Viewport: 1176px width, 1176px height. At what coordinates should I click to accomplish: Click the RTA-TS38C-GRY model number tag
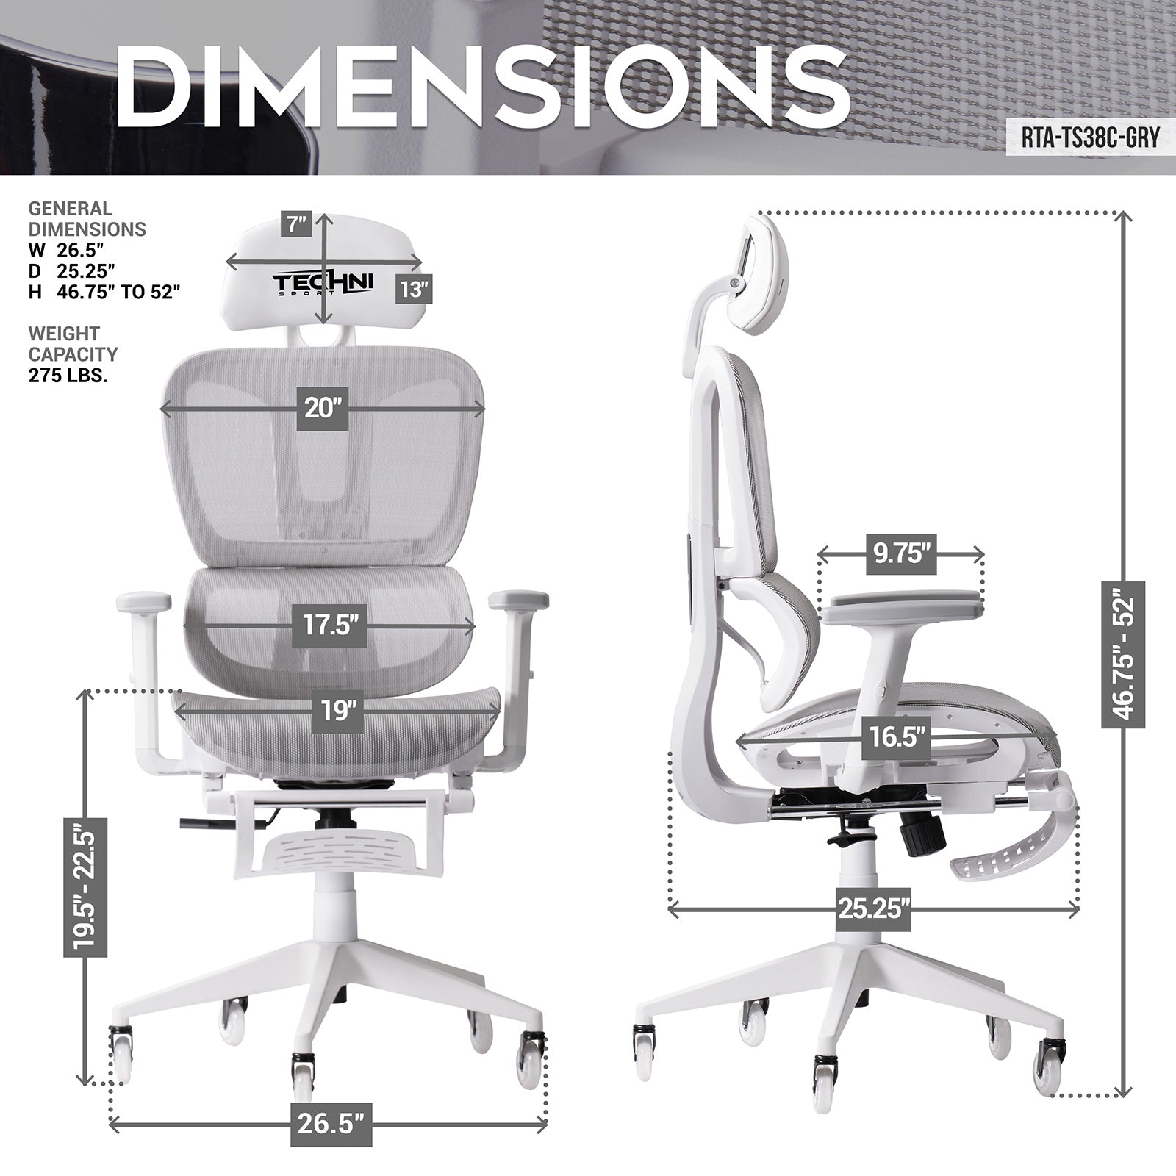pyautogui.click(x=1089, y=137)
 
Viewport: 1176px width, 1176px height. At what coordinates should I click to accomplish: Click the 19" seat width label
pyautogui.click(x=337, y=711)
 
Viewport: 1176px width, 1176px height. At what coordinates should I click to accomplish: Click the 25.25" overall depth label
pyautogui.click(x=872, y=909)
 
